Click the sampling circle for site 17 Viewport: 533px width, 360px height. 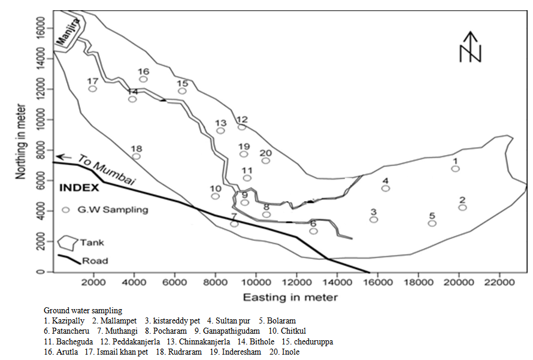93,89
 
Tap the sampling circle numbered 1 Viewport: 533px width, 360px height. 456,169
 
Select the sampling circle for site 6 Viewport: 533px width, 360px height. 313,231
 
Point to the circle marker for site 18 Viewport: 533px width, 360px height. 137,156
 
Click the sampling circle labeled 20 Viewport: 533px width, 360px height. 266,161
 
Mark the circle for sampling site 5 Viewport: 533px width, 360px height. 432,223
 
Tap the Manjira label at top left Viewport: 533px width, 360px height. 68,32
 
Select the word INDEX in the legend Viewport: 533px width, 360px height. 79,187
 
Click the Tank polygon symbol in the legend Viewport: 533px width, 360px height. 68,243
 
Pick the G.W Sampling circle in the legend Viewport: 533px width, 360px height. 66,210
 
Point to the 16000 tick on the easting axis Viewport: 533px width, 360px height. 378,280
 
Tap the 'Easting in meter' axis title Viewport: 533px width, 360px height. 290,297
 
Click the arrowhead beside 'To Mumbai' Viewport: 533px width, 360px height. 59,156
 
